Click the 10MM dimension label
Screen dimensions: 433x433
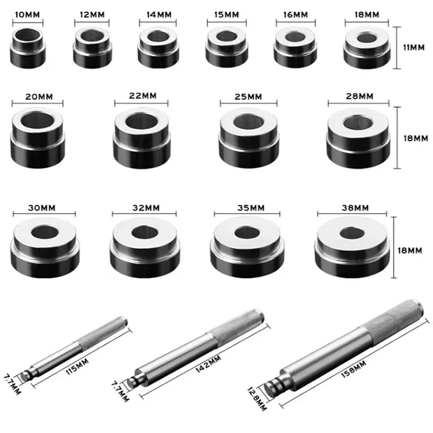click(27, 15)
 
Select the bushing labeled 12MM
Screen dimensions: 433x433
click(92, 48)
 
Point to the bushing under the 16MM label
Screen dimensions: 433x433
click(294, 48)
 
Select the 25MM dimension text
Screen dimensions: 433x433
click(248, 96)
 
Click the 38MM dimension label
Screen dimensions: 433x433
click(355, 207)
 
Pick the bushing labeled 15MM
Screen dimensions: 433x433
click(227, 48)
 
